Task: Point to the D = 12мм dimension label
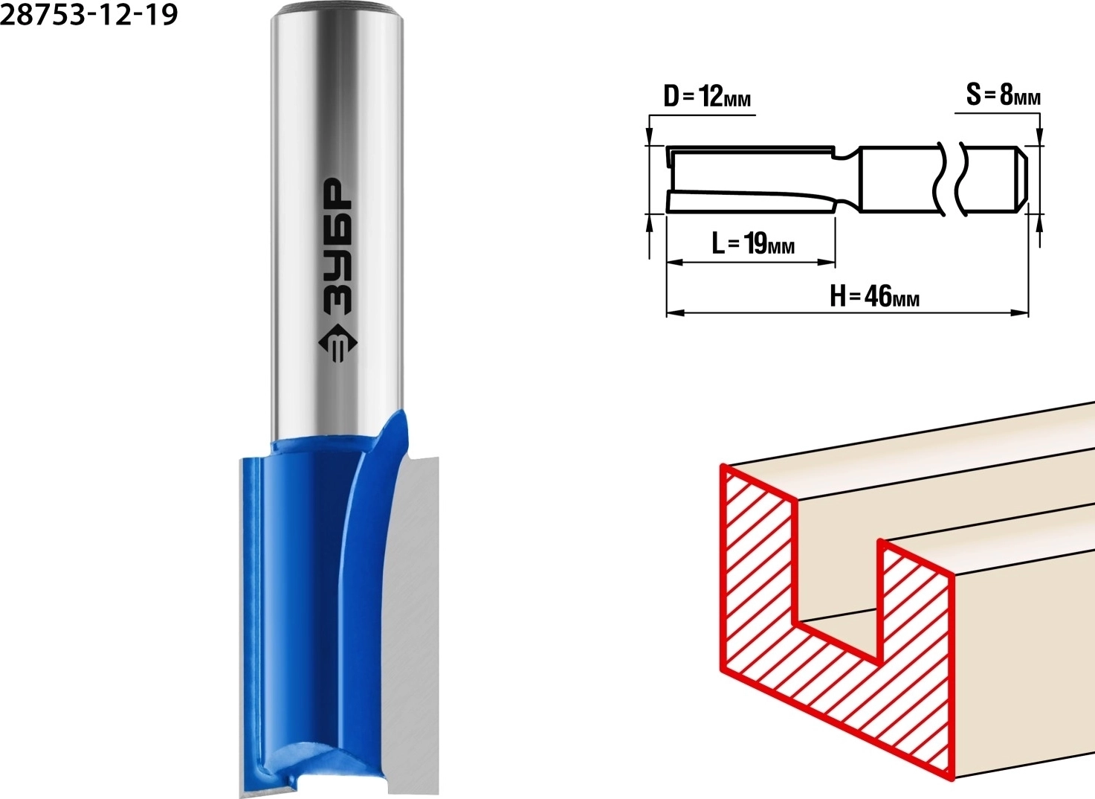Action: coord(707,97)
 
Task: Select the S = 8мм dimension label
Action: coord(1004,95)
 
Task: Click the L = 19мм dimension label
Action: coord(753,243)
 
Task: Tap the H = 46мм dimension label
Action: coord(874,297)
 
